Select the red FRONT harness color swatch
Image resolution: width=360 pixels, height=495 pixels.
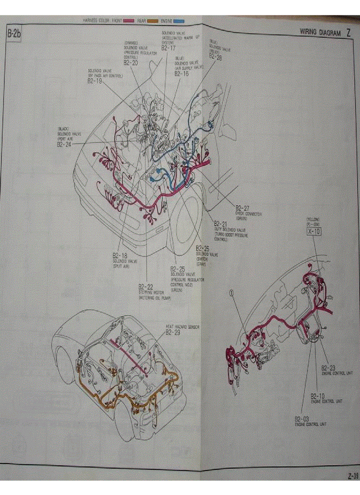[129, 21]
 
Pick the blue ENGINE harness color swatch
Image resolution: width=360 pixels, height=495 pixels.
[178, 21]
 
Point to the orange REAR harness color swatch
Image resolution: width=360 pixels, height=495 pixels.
[153, 21]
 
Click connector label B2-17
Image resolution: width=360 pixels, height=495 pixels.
[168, 48]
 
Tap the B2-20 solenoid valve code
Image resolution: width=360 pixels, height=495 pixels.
[131, 62]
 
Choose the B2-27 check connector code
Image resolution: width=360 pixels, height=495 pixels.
[242, 208]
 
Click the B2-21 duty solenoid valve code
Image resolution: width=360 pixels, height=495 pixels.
[221, 224]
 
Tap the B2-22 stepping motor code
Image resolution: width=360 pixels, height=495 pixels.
[146, 287]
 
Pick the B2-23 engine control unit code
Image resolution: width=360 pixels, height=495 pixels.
[329, 367]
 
